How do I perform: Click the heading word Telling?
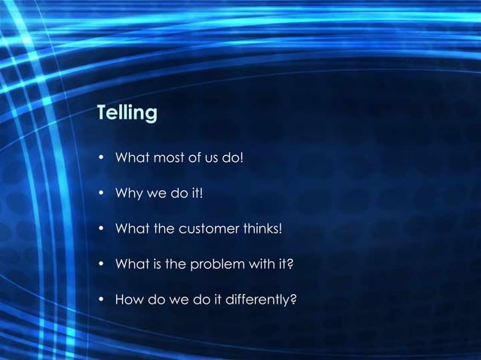pyautogui.click(x=127, y=114)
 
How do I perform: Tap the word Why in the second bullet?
pyautogui.click(x=125, y=194)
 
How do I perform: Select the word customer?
pyautogui.click(x=210, y=230)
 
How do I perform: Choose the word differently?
pyautogui.click(x=260, y=301)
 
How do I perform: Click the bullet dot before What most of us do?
pyautogui.click(x=101, y=159)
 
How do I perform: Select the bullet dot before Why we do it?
pyautogui.click(x=101, y=194)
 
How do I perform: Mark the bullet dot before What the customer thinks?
pyautogui.click(x=101, y=230)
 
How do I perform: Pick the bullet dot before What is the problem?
pyautogui.click(x=101, y=265)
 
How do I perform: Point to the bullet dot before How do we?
pyautogui.click(x=101, y=301)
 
